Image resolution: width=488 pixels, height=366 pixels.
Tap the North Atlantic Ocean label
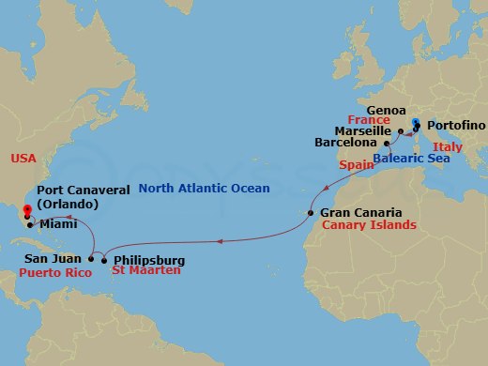pos(205,189)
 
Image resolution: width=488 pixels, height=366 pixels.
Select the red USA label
pos(23,159)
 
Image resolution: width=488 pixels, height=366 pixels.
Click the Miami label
pos(57,224)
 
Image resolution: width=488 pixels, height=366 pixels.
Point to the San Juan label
pos(52,257)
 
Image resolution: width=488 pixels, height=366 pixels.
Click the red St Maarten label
pos(145,272)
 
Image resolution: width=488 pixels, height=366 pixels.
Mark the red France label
pos(367,121)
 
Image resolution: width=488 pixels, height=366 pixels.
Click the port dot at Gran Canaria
pos(312,213)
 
